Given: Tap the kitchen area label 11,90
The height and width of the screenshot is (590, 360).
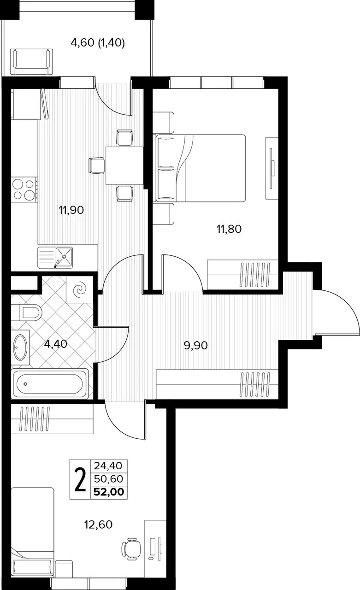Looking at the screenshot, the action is [71, 210].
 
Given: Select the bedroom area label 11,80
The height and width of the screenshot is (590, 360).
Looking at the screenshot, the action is [229, 229].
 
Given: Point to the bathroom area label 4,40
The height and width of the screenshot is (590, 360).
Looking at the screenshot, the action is [56, 343].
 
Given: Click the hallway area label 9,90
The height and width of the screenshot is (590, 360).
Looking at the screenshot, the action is [195, 345].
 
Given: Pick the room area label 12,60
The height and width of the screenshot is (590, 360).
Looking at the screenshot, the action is [98, 525].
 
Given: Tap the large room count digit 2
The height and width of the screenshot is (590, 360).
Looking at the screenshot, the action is [80, 479].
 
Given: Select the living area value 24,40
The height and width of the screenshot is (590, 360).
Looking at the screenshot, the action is [108, 466].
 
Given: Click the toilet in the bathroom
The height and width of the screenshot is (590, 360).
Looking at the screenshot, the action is [27, 313].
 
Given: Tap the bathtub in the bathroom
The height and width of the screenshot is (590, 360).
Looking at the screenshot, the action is [50, 384].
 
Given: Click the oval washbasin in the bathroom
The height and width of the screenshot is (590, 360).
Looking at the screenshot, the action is [20, 347].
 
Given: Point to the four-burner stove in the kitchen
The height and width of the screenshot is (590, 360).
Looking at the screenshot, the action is [24, 189].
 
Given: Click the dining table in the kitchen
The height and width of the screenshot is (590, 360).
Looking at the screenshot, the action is [124, 165].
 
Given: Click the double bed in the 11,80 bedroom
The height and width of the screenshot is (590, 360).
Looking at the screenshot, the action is [201, 168].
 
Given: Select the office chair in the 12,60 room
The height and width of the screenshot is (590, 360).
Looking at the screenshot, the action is [131, 549].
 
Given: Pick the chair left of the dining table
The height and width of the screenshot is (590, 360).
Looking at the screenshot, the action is [97, 165].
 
